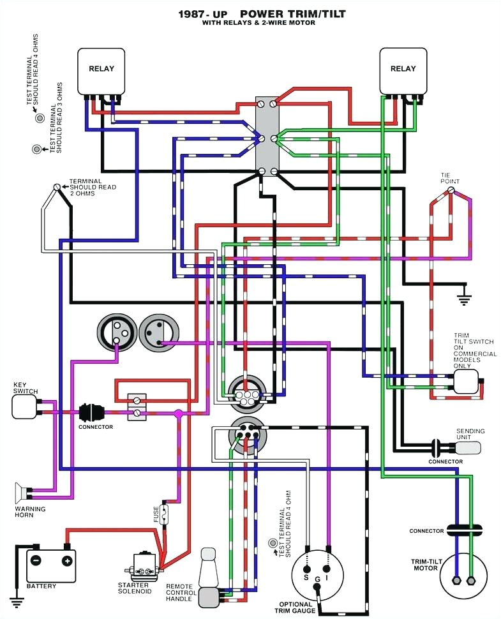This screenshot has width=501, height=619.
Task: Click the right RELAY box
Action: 403,70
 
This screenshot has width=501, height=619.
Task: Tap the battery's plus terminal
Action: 66,561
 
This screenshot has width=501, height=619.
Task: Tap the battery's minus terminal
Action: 36,561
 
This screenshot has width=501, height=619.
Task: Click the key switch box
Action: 24,406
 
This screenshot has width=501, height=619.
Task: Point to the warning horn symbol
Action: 22,493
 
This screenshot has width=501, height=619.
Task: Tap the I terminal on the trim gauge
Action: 327,568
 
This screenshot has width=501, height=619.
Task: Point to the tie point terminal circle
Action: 451,190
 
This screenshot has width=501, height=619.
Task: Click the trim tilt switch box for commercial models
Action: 465,381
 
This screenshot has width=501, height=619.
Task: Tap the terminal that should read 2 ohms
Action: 57,186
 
